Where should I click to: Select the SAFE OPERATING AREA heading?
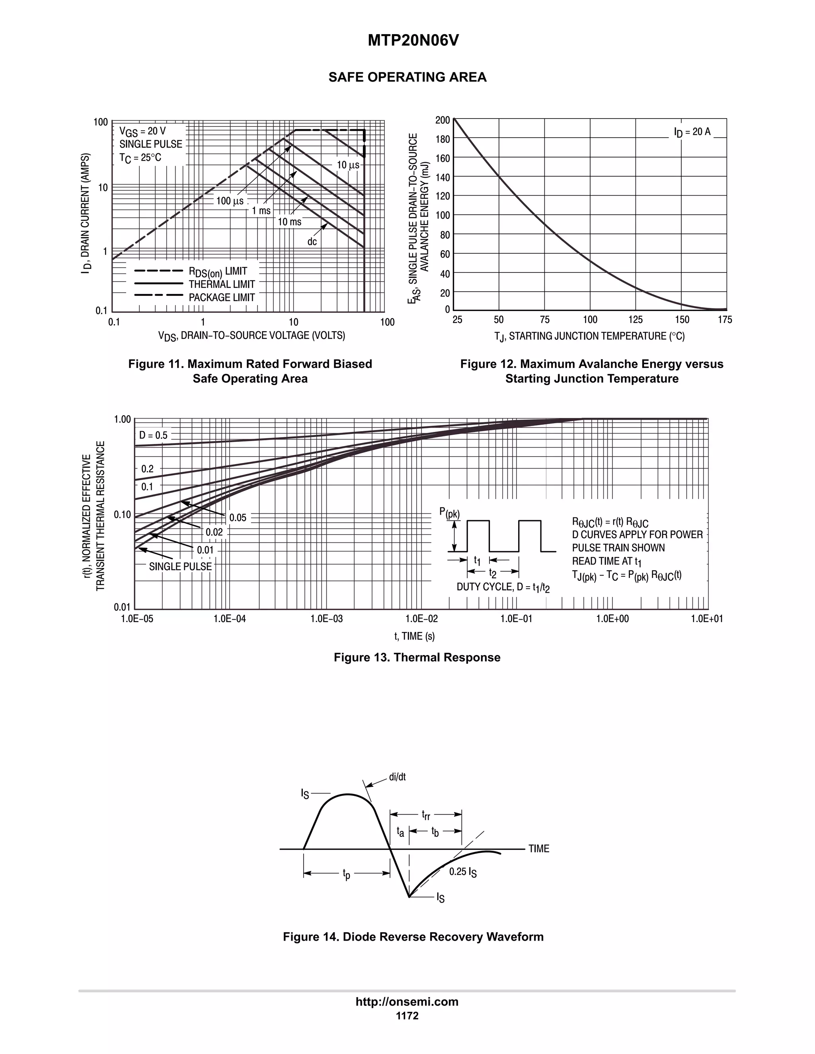(x=407, y=77)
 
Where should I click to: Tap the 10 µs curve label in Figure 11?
(x=348, y=165)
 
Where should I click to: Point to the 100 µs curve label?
(x=230, y=201)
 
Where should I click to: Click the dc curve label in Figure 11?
(x=312, y=241)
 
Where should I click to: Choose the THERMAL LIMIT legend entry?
(x=222, y=284)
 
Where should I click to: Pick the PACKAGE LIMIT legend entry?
(x=222, y=297)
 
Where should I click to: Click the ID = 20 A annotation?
(x=692, y=132)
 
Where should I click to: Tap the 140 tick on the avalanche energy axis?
(x=442, y=177)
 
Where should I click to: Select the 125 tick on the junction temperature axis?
(x=636, y=319)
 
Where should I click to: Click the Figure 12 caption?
(x=591, y=371)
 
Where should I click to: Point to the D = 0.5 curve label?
(x=153, y=435)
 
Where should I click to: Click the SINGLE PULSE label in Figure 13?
(x=180, y=566)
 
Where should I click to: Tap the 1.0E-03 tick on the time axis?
(x=326, y=619)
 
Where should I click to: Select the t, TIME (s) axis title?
(x=414, y=636)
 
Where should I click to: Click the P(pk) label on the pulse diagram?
(x=449, y=513)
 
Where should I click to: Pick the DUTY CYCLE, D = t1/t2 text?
(x=503, y=587)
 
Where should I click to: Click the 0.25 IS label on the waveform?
(x=462, y=871)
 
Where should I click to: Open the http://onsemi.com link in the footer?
(x=407, y=1002)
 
